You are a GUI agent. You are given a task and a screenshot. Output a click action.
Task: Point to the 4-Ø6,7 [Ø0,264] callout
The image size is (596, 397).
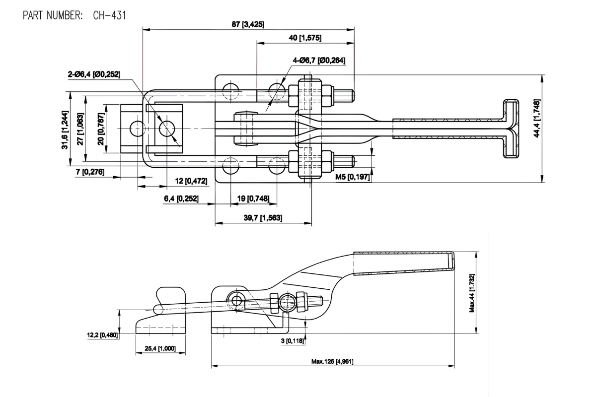click(319, 60)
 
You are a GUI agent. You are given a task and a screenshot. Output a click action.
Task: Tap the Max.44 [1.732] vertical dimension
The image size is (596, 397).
click(472, 293)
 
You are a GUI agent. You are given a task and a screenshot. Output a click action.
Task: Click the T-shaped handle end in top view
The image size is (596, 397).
click(510, 130)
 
